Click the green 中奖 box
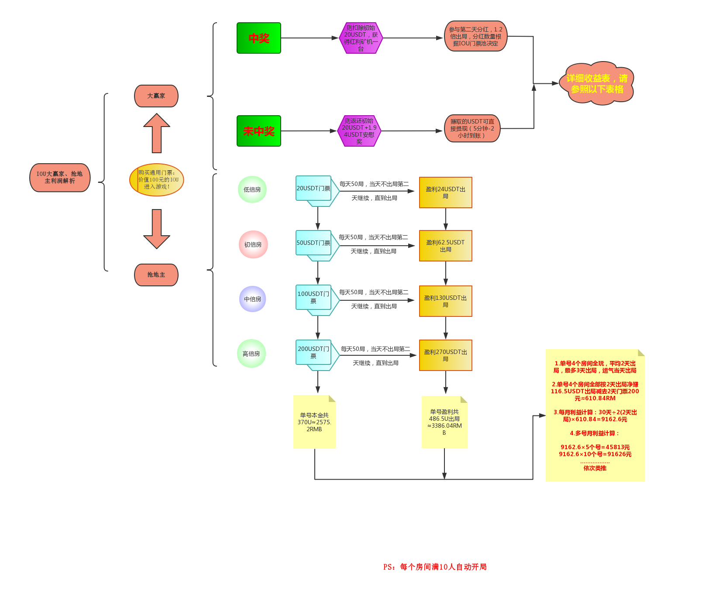coord(258,38)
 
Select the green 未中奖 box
coord(258,131)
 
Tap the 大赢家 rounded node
coord(156,96)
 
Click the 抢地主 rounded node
coord(156,275)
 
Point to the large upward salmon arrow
coord(157,133)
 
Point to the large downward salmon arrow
coord(157,229)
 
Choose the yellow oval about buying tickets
coord(157,180)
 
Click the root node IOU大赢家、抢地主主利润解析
coord(60,178)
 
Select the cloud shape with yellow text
coord(597,83)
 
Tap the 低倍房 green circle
coord(252,189)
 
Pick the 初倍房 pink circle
coord(253,244)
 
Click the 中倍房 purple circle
coord(252,299)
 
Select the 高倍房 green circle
coord(251,354)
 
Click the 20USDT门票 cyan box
coord(313,189)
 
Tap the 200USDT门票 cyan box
coord(313,352)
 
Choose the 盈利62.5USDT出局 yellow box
coord(445,246)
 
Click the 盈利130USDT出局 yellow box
coord(445,301)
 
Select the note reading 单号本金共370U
coord(314,422)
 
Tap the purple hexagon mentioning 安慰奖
coord(359,131)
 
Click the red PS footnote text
coord(435,567)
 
